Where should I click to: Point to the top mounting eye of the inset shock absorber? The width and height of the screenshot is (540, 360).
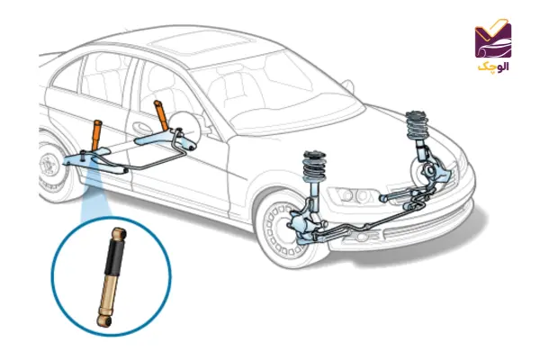(117, 230)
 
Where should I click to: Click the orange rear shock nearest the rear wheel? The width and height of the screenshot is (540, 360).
(94, 133)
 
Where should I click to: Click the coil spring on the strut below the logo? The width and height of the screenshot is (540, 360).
(417, 123)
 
